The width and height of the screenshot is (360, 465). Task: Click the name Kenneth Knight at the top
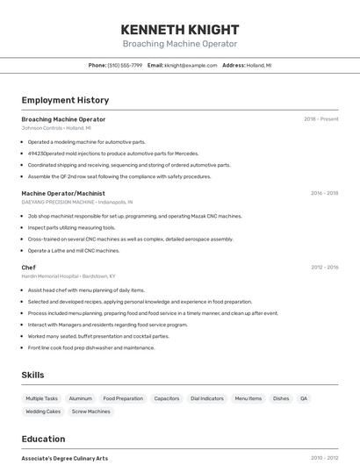179,28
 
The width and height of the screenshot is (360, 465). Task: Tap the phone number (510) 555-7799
124,65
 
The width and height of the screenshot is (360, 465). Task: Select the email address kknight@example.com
191,65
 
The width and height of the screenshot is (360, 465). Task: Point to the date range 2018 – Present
320,119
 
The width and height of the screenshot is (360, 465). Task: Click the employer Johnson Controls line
56,128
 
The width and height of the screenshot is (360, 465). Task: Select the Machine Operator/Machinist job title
63,193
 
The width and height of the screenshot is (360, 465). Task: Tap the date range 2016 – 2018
324,193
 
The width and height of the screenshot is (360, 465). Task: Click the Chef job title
29,267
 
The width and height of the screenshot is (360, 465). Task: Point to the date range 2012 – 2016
324,267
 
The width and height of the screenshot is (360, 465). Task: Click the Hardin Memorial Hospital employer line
68,275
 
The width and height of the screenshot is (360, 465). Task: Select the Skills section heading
32,375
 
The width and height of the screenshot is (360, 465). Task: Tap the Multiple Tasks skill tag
41,398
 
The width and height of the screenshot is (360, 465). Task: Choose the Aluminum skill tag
80,398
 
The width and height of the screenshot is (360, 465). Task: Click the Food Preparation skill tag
123,398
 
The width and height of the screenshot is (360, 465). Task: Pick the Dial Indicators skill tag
207,398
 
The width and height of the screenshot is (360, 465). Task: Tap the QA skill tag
304,398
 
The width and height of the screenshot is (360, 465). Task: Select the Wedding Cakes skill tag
43,411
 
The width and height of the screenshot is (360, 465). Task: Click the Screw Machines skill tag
91,411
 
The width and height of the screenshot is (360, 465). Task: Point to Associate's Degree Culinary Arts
65,457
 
